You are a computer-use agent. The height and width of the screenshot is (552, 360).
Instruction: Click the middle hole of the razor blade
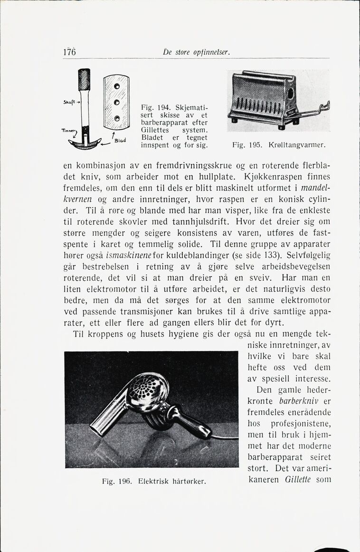(x=116, y=102)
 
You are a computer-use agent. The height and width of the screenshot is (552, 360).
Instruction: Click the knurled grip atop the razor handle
(x=84, y=79)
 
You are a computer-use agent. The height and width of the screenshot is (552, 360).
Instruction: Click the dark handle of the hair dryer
(x=190, y=423)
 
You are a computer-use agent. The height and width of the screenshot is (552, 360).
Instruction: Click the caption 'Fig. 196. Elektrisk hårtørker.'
(x=154, y=481)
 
